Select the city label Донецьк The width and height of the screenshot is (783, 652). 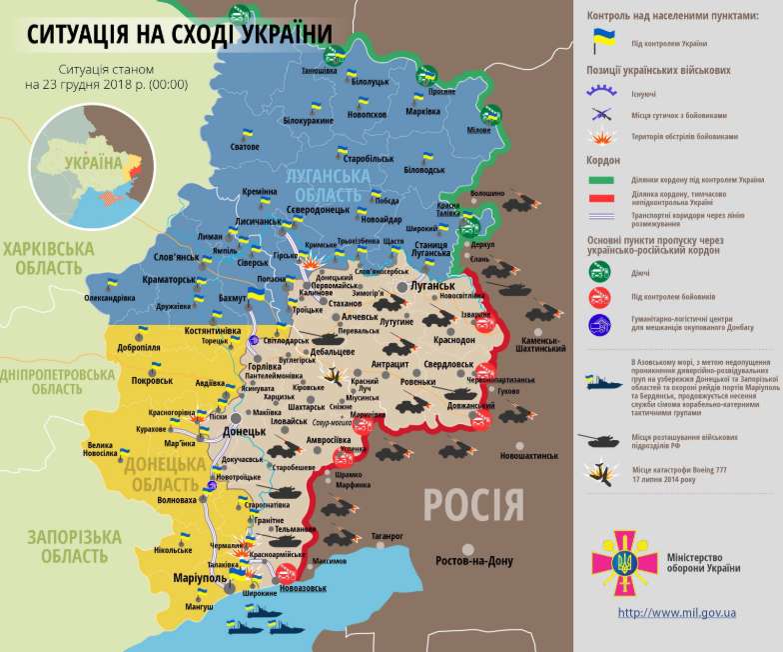[x=244, y=432]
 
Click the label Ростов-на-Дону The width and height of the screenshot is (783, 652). [x=474, y=562]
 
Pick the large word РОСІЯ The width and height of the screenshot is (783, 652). [x=473, y=503]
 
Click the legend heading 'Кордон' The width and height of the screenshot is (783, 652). [x=603, y=160]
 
